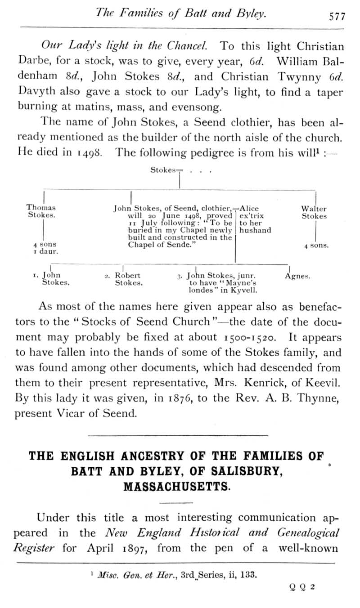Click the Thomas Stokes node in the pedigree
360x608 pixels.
(41, 212)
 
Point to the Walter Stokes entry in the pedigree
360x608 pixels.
(314, 212)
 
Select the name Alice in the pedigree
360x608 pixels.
(250, 209)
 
